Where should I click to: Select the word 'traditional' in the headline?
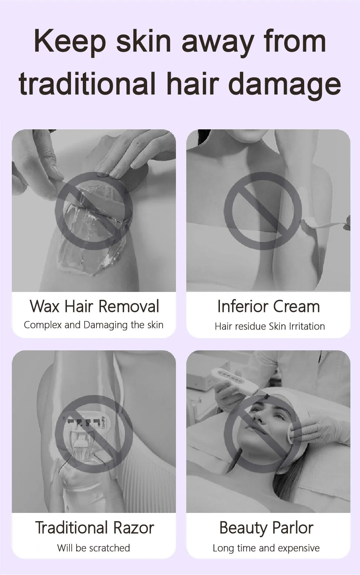pyautogui.click(x=87, y=83)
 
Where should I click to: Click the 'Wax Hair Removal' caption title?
pyautogui.click(x=94, y=306)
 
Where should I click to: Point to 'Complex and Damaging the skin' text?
pyautogui.click(x=94, y=325)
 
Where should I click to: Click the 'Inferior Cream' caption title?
pyautogui.click(x=269, y=306)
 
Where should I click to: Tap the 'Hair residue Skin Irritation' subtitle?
pyautogui.click(x=269, y=326)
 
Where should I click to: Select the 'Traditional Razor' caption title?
pyautogui.click(x=95, y=527)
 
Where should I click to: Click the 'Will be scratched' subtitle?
pyautogui.click(x=94, y=548)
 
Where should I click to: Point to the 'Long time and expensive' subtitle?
pyautogui.click(x=266, y=548)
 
